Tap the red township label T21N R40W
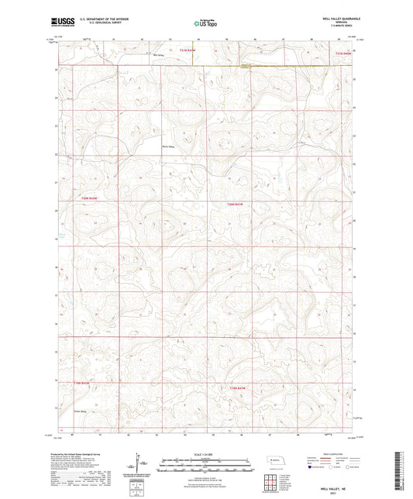click(343, 53)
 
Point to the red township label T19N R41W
click(237, 387)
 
